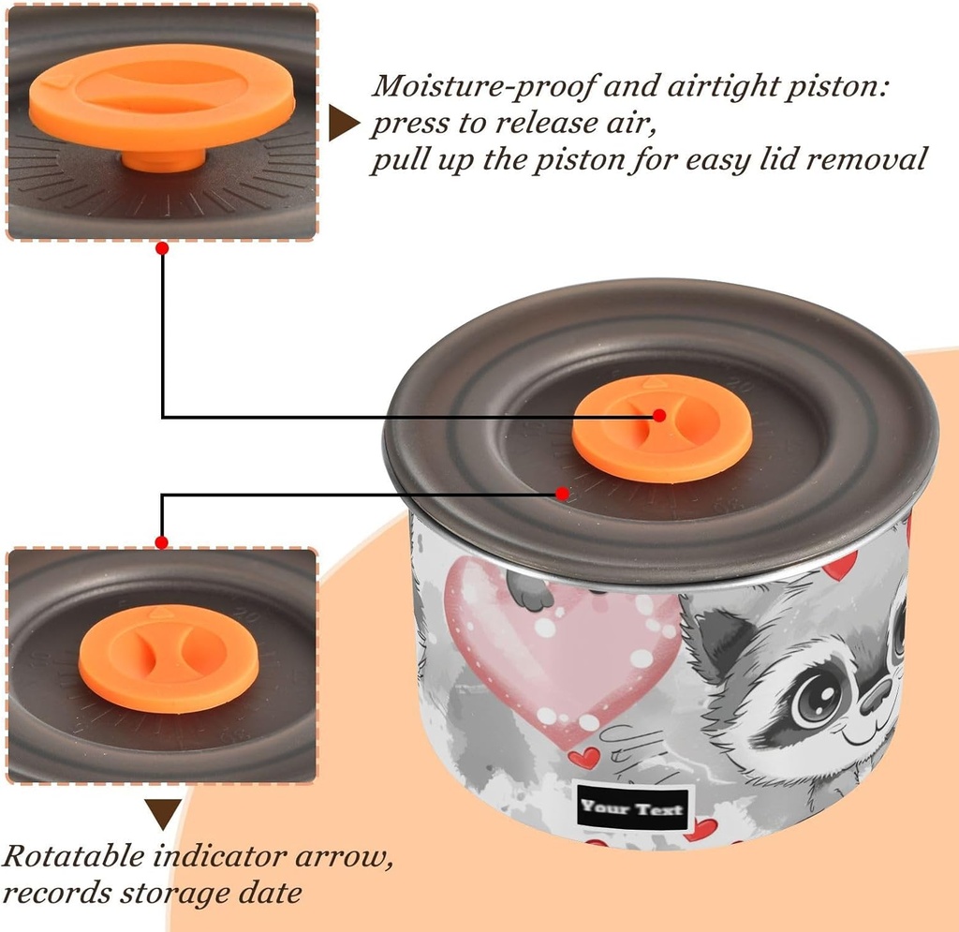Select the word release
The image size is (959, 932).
pyautogui.click(x=542, y=124)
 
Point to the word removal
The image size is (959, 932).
pyautogui.click(x=866, y=160)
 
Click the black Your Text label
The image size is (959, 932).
pyautogui.click(x=631, y=807)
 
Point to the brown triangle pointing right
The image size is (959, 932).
pyautogui.click(x=343, y=124)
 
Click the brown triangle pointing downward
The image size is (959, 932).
pyautogui.click(x=163, y=812)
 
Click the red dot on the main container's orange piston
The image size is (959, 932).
pyautogui.click(x=659, y=415)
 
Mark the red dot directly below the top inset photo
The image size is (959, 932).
pyautogui.click(x=162, y=248)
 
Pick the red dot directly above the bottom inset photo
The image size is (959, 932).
pyautogui.click(x=162, y=542)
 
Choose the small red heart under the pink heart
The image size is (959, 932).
pyautogui.click(x=583, y=757)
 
